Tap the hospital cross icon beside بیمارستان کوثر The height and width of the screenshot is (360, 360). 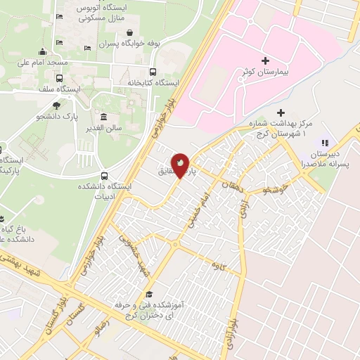[x=265, y=61]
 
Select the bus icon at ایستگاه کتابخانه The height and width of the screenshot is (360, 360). [x=153, y=72]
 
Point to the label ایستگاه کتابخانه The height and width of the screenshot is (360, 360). [x=153, y=83]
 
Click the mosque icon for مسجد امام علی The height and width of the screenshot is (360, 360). [x=43, y=51]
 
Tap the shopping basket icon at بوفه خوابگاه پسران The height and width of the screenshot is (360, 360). [x=130, y=32]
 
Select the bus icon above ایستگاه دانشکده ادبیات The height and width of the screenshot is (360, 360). [x=105, y=175]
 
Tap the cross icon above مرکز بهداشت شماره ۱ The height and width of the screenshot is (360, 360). [x=280, y=112]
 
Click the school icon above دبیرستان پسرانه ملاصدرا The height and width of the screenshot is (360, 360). [x=324, y=143]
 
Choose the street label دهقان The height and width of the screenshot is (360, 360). [x=230, y=186]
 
